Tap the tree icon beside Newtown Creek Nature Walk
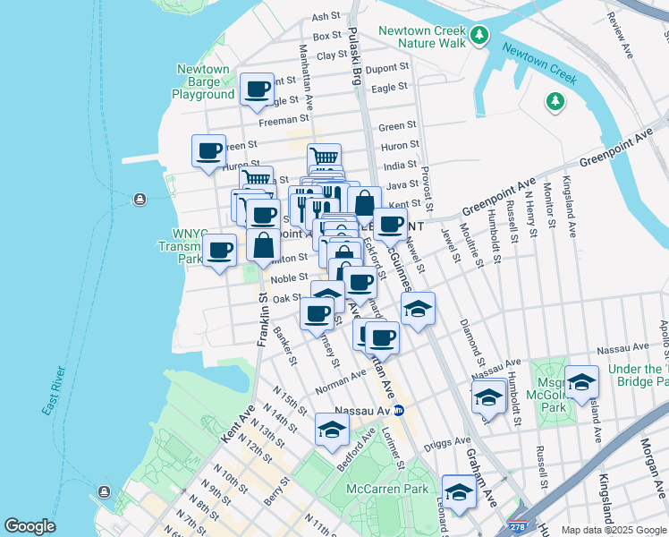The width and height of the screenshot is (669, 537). coord(481,36)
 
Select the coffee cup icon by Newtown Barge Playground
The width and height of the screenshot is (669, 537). coord(258,89)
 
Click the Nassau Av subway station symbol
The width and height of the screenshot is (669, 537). coord(400,410)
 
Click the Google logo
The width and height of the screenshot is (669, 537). coord(30,526)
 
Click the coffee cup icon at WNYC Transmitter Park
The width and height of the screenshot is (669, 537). coord(220,249)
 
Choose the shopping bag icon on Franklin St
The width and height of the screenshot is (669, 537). coord(265,244)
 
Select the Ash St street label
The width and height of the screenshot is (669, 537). coord(326,16)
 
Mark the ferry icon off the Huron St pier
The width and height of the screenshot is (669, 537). coord(140,199)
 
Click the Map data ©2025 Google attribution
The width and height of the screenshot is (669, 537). coord(613,530)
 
